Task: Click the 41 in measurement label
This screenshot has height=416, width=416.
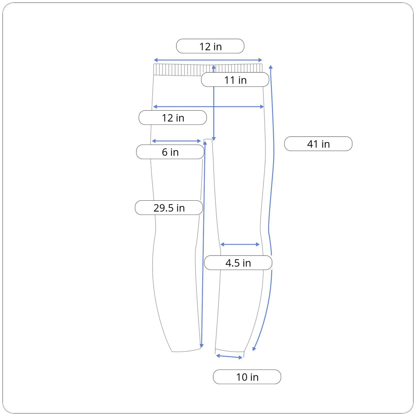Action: (318, 144)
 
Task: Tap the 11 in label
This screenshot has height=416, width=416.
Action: (235, 80)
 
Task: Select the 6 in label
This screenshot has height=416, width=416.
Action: (170, 152)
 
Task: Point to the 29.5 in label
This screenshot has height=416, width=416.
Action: (169, 208)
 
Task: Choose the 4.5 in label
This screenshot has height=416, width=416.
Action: (238, 263)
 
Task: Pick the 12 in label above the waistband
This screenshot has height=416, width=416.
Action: (210, 46)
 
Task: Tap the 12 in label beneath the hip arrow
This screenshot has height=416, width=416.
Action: (173, 118)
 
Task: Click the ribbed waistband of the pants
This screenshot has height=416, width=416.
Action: (208, 70)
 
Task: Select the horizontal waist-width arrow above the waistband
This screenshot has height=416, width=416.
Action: (208, 60)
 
